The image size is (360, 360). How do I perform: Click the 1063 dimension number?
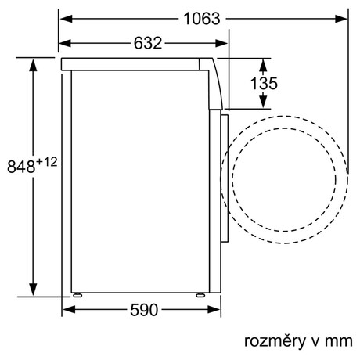pyautogui.click(x=202, y=19)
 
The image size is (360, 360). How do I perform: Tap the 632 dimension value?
pyautogui.click(x=148, y=43)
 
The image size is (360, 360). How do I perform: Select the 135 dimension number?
pyautogui.click(x=264, y=83)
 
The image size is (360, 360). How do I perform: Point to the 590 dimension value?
pyautogui.click(x=144, y=310)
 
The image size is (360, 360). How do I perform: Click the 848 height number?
pyautogui.click(x=21, y=167)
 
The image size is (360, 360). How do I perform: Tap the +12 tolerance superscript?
pyautogui.click(x=46, y=162)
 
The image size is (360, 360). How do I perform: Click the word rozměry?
pyautogui.click(x=275, y=341)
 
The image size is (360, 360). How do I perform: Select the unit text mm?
pyautogui.click(x=339, y=341)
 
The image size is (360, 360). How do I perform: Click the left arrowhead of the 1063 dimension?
pyautogui.click(x=67, y=19)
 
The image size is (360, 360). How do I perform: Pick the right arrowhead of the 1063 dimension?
pyautogui.click(x=341, y=19)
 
